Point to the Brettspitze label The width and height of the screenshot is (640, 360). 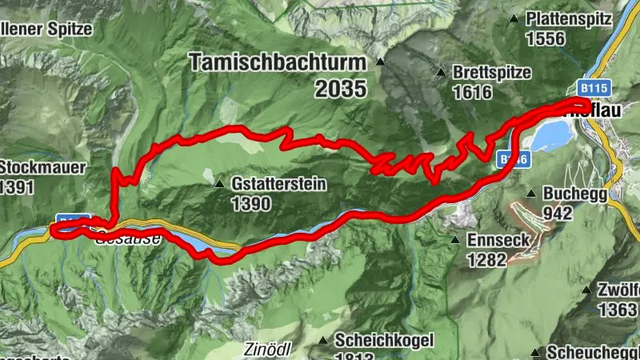tap(492, 73)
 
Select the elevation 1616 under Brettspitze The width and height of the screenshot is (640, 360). tap(472, 92)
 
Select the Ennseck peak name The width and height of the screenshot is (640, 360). tap(498, 239)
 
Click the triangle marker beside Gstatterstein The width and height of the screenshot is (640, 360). tap(219, 184)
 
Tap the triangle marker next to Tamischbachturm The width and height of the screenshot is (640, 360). tap(381, 62)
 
